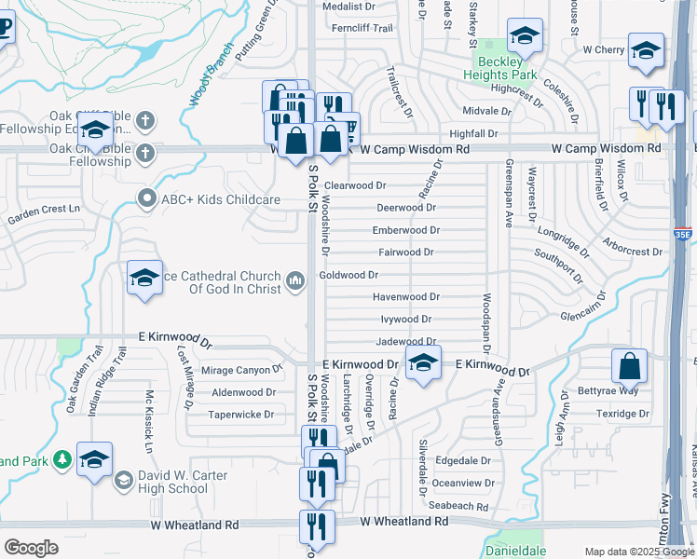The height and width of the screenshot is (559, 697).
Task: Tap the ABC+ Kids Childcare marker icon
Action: [x=145, y=198]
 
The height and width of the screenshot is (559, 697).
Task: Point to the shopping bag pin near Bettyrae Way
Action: [x=630, y=366]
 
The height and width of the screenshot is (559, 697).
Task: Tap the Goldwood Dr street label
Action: [x=348, y=275]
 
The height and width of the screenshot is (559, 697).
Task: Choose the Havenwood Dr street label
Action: [x=405, y=297]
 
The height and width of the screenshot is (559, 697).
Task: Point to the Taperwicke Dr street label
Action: [x=240, y=415]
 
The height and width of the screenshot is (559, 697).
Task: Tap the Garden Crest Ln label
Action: [x=45, y=220]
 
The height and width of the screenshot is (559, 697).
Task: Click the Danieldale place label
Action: [x=516, y=551]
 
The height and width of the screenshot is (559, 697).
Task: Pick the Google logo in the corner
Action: [x=31, y=548]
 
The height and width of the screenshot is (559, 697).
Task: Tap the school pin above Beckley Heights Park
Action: [x=525, y=36]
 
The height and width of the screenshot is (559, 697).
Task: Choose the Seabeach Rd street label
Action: [x=460, y=506]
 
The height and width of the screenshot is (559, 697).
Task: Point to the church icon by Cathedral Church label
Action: [x=295, y=280]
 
